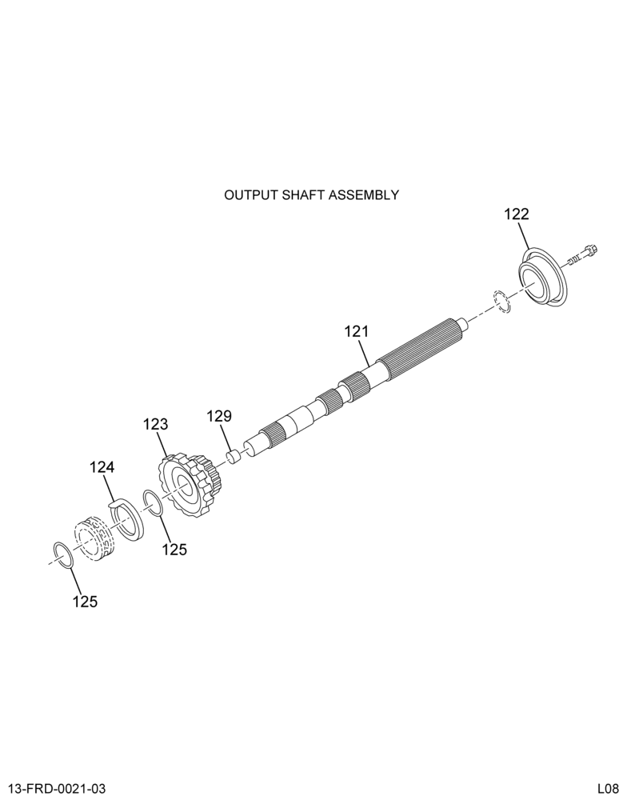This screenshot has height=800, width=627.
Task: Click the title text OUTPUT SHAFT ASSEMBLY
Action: click(x=311, y=195)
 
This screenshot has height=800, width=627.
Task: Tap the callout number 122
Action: click(x=517, y=214)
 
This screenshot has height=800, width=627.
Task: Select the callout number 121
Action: click(x=356, y=332)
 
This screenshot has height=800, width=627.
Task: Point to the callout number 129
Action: click(x=219, y=416)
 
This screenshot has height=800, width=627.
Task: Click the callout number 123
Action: click(x=155, y=424)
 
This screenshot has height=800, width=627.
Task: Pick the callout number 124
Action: click(x=102, y=467)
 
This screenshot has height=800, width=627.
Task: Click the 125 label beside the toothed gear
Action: click(x=175, y=550)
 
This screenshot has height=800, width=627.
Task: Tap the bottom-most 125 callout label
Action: click(x=85, y=602)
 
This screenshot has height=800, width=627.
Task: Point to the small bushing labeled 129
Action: click(x=234, y=455)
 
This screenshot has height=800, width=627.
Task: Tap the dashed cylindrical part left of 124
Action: click(x=94, y=538)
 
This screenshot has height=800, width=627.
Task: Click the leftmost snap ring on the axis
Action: click(x=65, y=555)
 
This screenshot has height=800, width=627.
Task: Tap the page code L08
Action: click(x=609, y=788)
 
